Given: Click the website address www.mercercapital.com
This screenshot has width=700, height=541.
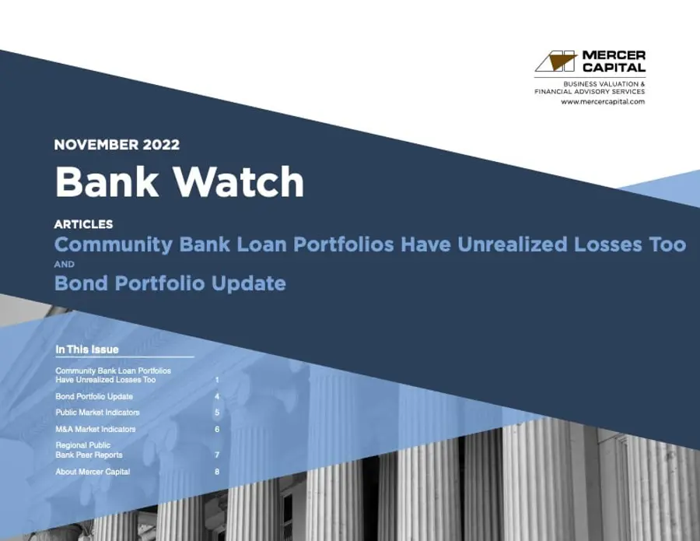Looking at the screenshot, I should pos(603,102).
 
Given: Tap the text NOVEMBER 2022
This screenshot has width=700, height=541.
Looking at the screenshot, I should pos(117,145).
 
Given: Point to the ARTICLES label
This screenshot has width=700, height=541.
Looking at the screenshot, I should pos(83,224).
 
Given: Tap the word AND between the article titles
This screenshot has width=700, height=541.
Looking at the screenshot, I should pos(64,264).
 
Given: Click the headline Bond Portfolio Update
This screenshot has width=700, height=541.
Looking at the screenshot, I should pos(170,283).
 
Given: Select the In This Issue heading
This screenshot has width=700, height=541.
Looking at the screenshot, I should pos(87,350).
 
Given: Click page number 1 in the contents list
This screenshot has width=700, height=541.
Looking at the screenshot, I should pos(217,380).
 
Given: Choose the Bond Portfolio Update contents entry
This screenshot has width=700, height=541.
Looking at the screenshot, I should pos(94,396).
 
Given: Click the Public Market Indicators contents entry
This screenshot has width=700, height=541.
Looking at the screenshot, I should pos(97,413).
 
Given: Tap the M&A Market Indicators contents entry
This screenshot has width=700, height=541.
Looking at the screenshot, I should pos(96,429).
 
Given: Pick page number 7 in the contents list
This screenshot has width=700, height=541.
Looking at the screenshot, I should pos(217,455).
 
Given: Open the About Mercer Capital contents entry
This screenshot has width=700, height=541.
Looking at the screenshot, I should pos(93,472).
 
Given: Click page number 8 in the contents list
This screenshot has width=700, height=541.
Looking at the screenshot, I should pos(217,472).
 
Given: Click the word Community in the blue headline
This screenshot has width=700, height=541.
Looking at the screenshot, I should pos(114,244).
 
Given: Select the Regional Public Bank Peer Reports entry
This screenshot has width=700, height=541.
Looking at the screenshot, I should pos(89,450).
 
